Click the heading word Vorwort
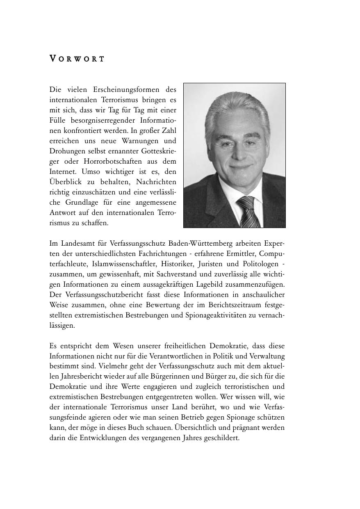[x=77, y=59]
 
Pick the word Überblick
[x=66, y=182]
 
